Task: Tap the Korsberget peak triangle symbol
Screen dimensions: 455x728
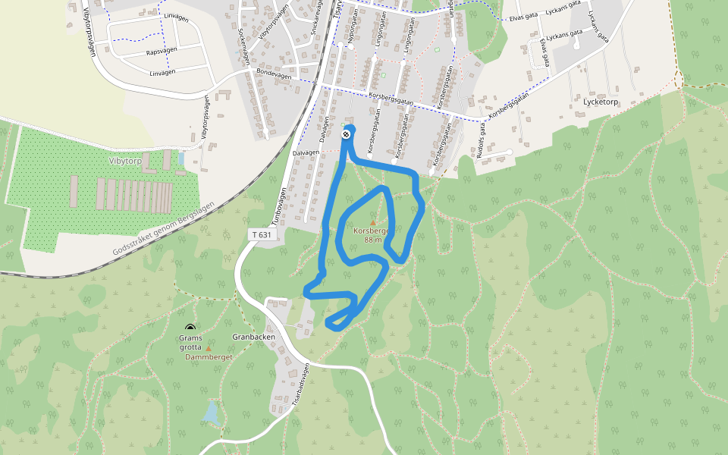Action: tap(372, 223)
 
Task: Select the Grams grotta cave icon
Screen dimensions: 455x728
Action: tap(190, 328)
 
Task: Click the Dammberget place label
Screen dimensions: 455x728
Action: tap(208, 356)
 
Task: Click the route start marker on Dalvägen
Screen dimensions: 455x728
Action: tap(346, 134)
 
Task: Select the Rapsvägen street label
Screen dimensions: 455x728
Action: tap(161, 53)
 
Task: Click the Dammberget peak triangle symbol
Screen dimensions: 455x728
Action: tap(209, 348)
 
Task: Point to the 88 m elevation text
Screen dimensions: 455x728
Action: tap(373, 240)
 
